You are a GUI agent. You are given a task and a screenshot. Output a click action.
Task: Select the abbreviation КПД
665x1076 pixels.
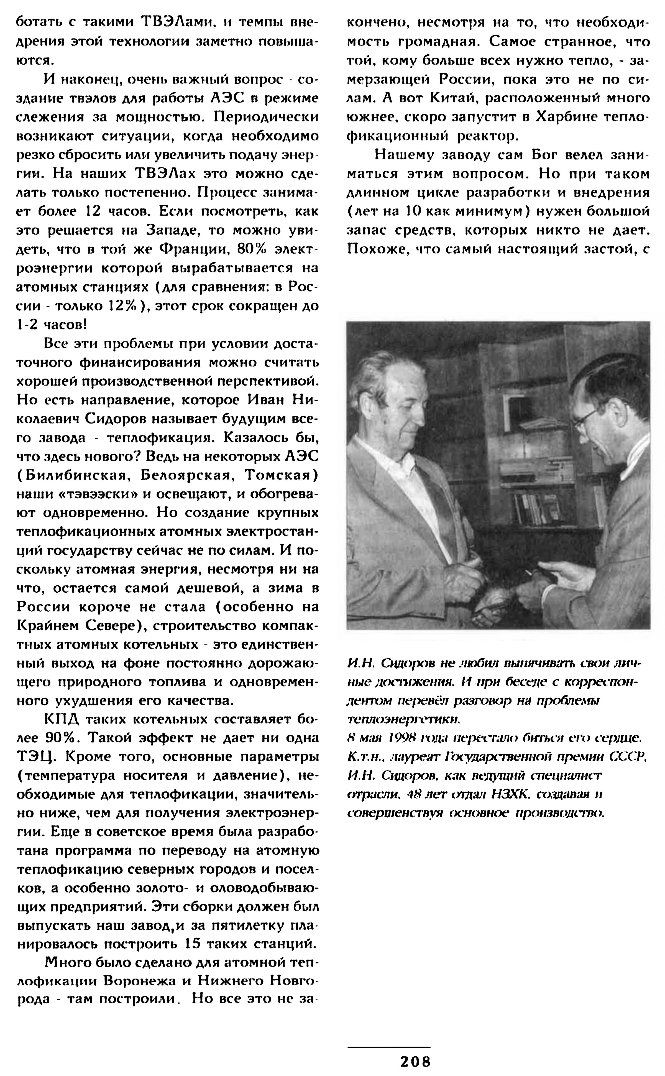point(62,719)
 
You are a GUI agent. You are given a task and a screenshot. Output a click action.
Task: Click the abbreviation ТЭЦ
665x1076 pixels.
point(34,757)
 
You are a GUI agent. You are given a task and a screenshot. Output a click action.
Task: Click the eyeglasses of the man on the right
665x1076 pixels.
point(587,416)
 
